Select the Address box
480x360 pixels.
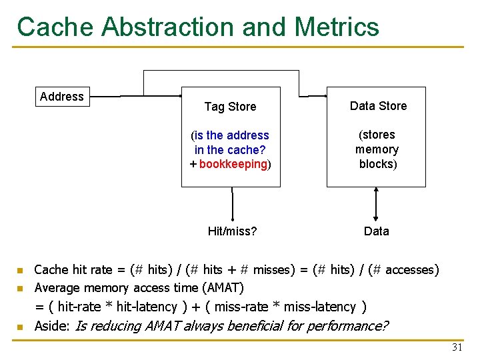pos(62,97)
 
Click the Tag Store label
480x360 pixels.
pos(230,106)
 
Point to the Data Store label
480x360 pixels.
pos(378,106)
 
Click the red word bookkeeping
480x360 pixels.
pos(233,164)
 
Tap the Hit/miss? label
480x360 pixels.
pos(233,231)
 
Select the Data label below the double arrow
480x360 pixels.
pos(377,231)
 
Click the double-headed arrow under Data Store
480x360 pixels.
pos(377,204)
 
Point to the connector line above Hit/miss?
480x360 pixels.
pos(233,204)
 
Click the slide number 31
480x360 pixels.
pos(457,347)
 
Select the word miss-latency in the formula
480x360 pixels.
pos(320,307)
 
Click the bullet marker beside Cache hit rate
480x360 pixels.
pos(21,271)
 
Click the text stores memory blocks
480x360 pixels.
pos(377,149)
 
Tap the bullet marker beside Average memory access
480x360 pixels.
pos(21,289)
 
